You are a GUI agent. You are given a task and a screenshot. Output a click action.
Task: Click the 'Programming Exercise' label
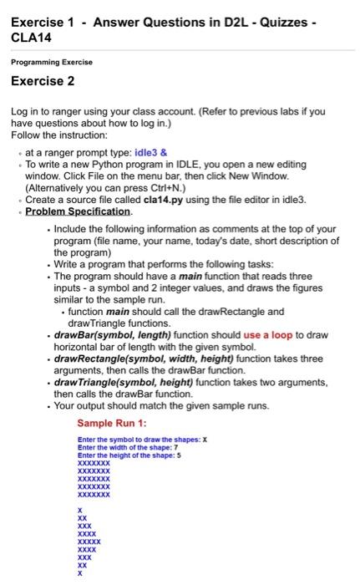point(52,62)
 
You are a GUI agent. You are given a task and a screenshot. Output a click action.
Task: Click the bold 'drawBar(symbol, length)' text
point(109,335)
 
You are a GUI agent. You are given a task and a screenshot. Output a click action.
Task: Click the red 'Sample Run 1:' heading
point(111,423)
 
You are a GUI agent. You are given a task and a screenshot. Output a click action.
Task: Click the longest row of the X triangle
point(89,541)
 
